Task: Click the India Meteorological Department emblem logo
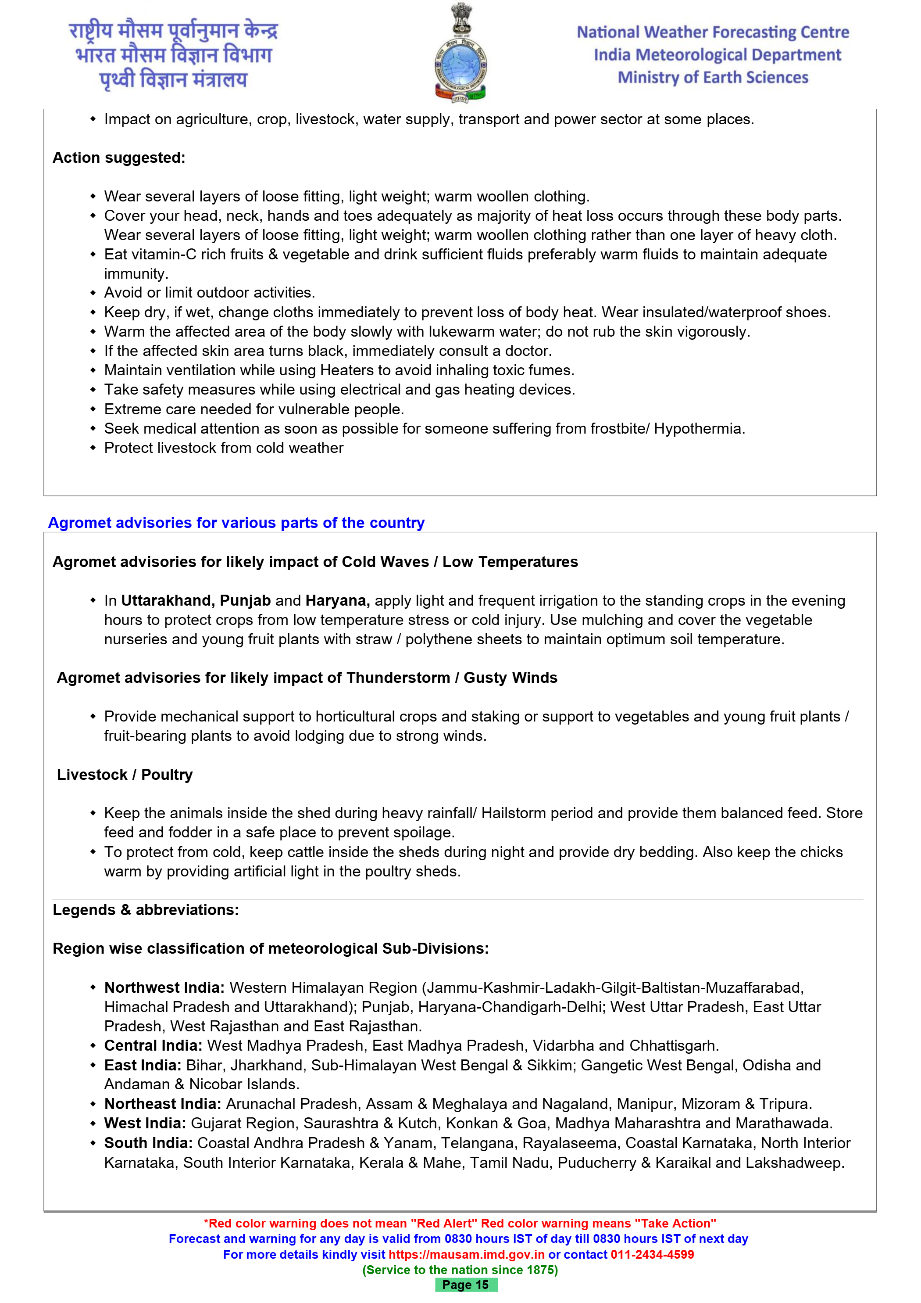click(x=460, y=54)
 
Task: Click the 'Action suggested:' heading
click(x=118, y=158)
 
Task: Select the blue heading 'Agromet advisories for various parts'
click(x=236, y=523)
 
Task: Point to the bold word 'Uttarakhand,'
click(x=168, y=600)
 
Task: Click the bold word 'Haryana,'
click(x=337, y=600)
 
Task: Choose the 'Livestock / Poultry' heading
click(x=125, y=775)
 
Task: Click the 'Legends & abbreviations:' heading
click(x=146, y=910)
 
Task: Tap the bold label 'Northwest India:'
click(x=164, y=987)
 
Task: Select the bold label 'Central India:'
click(x=153, y=1045)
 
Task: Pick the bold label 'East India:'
click(x=143, y=1065)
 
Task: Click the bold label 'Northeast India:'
click(x=163, y=1104)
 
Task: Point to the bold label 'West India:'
click(x=145, y=1123)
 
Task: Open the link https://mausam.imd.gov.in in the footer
click(x=466, y=1254)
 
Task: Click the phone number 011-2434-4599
click(x=652, y=1254)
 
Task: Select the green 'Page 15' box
click(x=466, y=1285)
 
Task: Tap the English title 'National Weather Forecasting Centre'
click(x=713, y=32)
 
